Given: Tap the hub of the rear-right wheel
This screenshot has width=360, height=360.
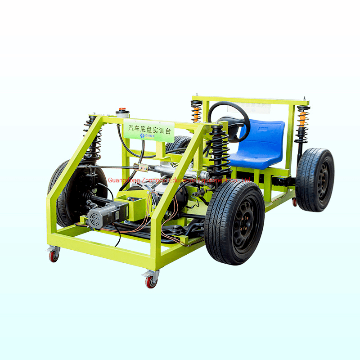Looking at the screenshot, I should click(323, 180).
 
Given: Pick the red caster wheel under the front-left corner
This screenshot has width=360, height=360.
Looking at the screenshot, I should click(54, 256).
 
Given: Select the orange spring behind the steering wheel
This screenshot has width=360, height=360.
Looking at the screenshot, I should click(196, 111).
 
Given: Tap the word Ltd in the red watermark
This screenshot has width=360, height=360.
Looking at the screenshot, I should click(246, 180).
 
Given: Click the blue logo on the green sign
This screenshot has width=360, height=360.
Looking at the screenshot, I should click(143, 135).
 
